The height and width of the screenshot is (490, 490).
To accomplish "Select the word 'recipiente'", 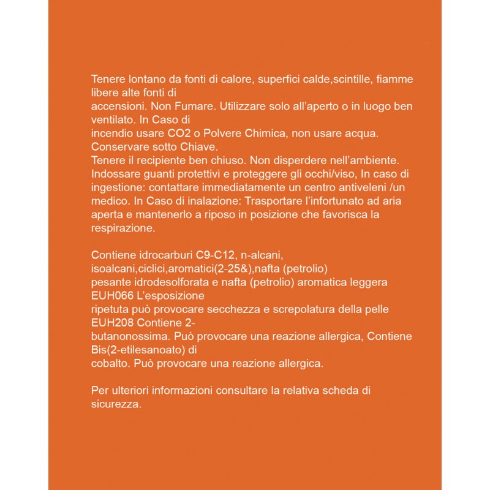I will (x=156, y=160).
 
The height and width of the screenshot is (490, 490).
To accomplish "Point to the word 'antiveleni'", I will (x=361, y=187).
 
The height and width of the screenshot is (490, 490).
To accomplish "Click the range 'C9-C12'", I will (x=218, y=254).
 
